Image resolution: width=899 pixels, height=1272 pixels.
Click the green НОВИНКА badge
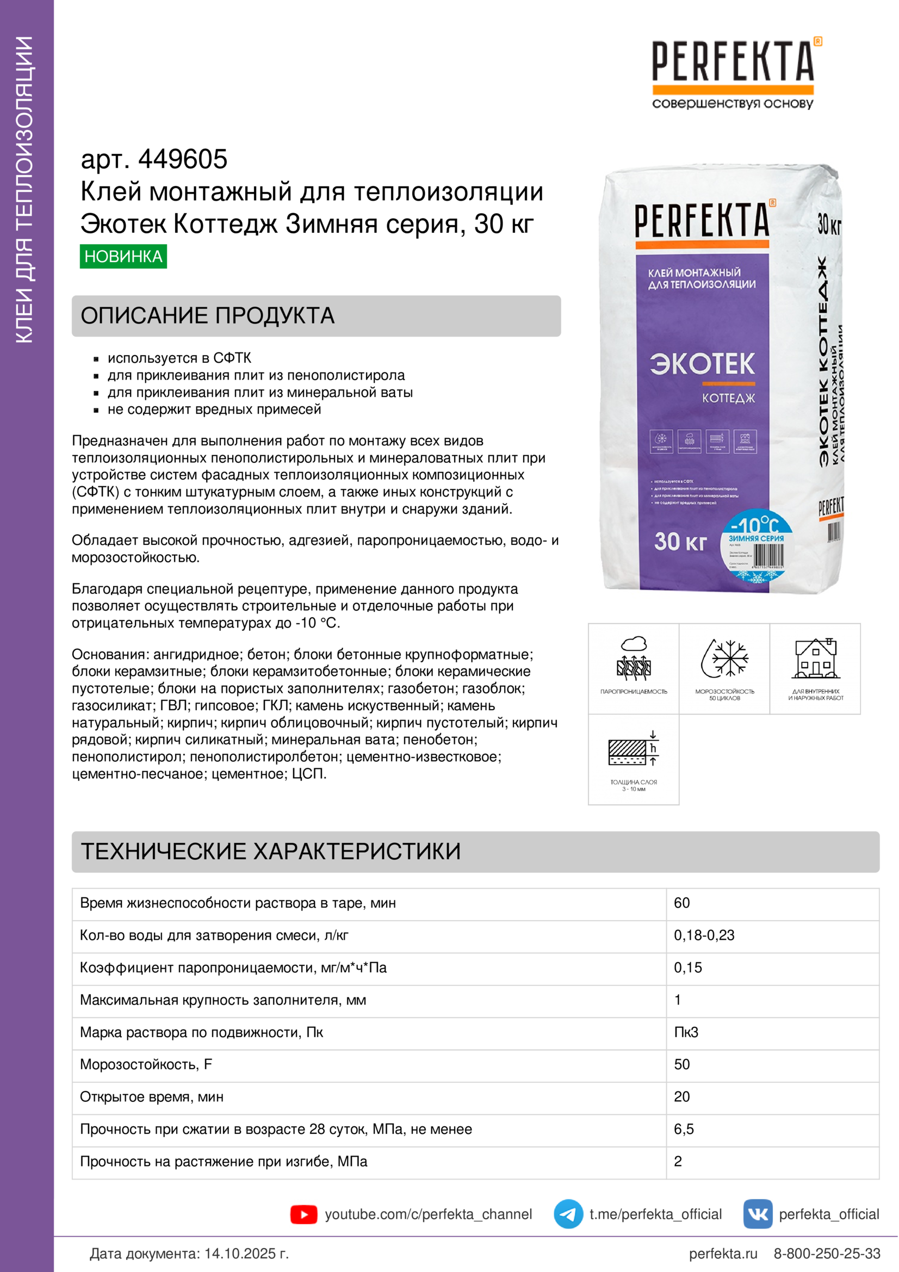pos(123,257)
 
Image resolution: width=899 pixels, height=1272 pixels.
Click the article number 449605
pos(182,159)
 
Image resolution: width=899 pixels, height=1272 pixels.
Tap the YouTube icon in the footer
pos(303,1214)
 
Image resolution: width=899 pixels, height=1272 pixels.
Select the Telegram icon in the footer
pos(568,1214)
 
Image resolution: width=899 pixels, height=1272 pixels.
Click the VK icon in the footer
pos(757,1214)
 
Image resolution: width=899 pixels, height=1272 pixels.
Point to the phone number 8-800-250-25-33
pos(827,1253)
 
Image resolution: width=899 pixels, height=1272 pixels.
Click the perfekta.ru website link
pos(723,1253)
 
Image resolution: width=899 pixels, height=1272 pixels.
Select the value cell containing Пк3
pos(686,1032)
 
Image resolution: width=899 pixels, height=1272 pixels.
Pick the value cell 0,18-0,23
pos(703,935)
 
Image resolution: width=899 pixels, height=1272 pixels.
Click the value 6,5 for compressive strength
pos(684,1129)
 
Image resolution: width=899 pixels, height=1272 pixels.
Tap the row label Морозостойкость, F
pos(146,1064)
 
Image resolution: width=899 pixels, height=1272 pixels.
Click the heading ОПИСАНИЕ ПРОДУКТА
pos(207,316)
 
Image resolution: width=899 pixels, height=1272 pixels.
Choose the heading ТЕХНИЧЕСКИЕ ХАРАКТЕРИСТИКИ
pos(270,852)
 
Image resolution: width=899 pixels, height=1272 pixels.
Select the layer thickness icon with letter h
pos(634,749)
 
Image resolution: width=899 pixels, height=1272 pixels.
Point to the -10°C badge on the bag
pos(755,525)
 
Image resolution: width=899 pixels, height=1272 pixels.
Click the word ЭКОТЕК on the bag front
pos(702,364)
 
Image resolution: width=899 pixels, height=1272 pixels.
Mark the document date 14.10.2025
pos(246,1253)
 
